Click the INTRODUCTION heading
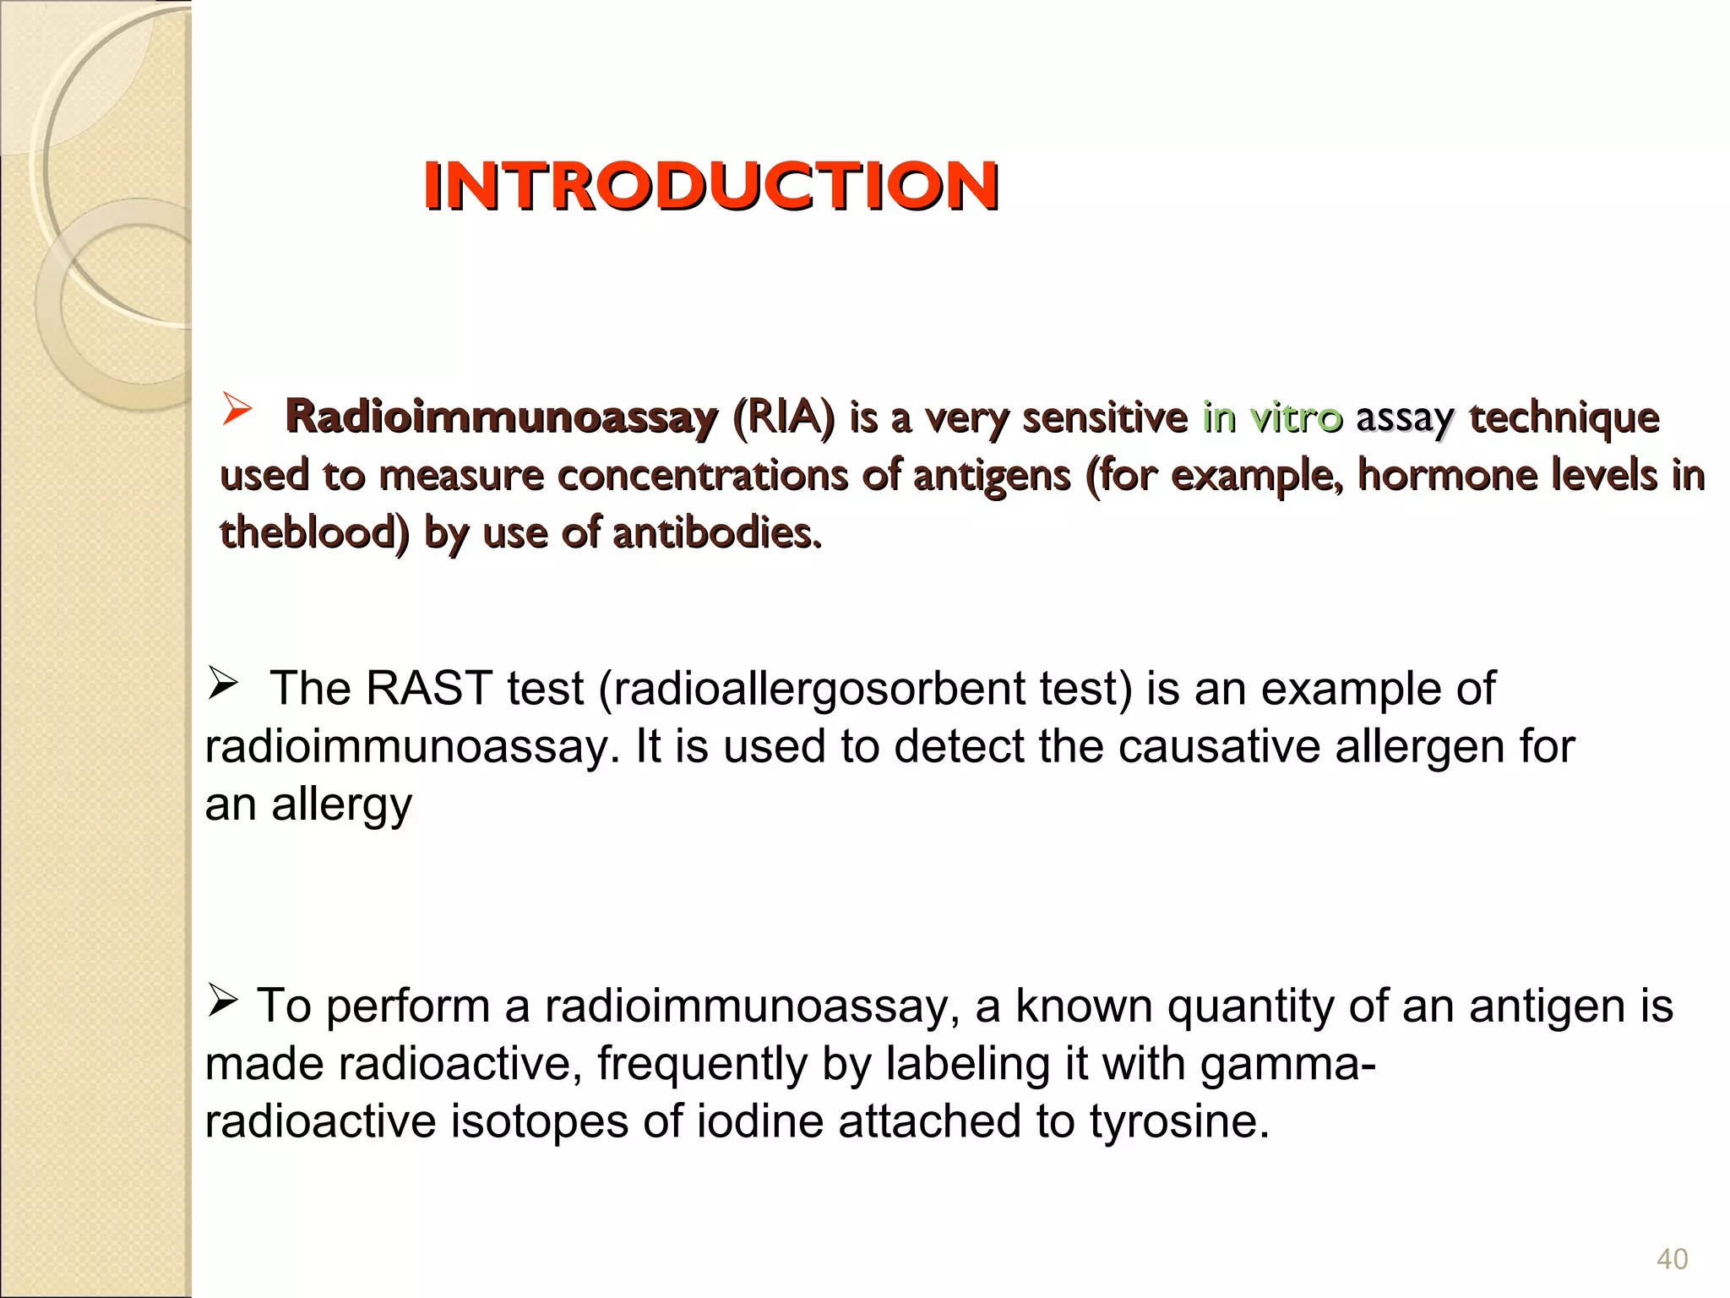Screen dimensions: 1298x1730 (x=711, y=186)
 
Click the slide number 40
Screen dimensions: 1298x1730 (x=1672, y=1259)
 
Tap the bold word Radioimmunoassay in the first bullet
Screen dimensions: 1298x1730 (x=502, y=417)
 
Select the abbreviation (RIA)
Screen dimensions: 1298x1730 (x=783, y=417)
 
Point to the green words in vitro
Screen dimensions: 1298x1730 (x=1272, y=417)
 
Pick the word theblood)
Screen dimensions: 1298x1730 (x=314, y=532)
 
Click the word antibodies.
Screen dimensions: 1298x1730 (x=716, y=532)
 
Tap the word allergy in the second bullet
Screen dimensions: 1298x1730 (x=341, y=805)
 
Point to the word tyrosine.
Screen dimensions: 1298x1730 (x=1178, y=1122)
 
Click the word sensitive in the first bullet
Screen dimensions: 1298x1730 (x=1104, y=417)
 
